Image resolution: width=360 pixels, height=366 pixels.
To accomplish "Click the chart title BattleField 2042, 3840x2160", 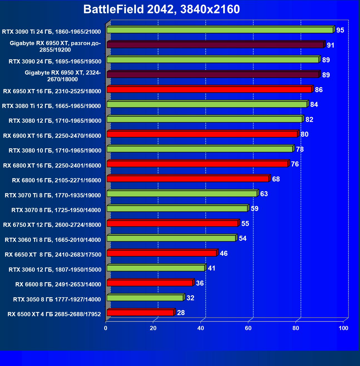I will tap(162, 9).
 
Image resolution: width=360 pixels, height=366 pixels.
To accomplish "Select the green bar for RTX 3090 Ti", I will tap(220, 30).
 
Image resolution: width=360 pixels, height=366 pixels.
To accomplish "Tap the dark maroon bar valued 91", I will tap(215, 45).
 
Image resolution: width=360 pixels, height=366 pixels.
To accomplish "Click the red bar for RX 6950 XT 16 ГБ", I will tap(209, 90).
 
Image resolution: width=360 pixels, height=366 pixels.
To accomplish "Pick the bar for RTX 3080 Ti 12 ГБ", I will tap(207, 104).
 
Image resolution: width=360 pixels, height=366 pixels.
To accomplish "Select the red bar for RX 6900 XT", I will tap(202, 134).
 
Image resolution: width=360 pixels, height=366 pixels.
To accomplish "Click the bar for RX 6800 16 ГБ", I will tap(188, 179).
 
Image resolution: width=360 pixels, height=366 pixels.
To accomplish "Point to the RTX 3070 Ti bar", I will tap(182, 194).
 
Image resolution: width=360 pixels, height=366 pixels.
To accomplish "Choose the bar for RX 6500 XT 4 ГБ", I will tap(140, 313).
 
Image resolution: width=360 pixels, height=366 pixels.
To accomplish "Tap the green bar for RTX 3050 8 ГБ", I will tap(145, 298).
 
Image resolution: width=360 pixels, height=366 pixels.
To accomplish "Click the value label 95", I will tap(340, 30).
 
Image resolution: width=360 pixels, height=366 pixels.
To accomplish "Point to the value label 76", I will tap(295, 164).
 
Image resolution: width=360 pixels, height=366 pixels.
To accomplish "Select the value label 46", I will tap(224, 254).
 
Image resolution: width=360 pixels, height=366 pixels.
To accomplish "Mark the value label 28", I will tap(181, 313).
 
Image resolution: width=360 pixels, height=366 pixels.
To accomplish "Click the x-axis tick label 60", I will tap(248, 328).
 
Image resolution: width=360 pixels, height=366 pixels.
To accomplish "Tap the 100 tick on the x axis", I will tap(343, 328).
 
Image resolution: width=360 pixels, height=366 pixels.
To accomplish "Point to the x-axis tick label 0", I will tap(106, 328).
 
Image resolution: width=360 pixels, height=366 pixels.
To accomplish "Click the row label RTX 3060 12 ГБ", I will tap(55, 270).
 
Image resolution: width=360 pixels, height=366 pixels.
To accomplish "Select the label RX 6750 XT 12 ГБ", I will tap(52, 225).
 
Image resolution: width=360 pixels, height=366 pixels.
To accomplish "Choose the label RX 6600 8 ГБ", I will tap(58, 284).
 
